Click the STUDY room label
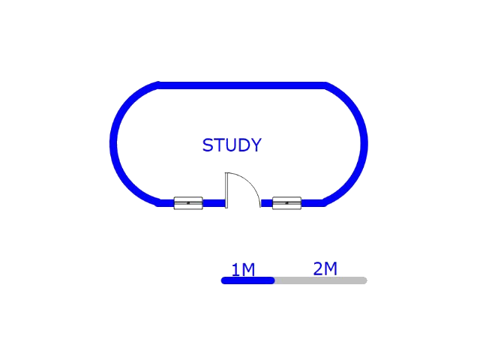(x=232, y=145)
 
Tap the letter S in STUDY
(x=208, y=145)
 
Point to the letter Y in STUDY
(x=256, y=145)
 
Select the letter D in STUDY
(x=243, y=145)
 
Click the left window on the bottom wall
(x=188, y=203)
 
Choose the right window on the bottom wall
(x=286, y=203)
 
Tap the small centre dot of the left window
(x=188, y=203)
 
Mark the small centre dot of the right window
(x=286, y=203)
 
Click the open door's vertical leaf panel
(x=226, y=190)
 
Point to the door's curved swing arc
(x=251, y=182)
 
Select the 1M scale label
(x=243, y=270)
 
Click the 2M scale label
(x=325, y=268)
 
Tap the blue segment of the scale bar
(x=247, y=280)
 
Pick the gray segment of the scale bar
(x=321, y=280)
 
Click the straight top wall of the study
(x=241, y=85)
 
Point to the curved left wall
(x=113, y=143)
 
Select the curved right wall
(x=364, y=143)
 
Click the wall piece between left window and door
(x=214, y=203)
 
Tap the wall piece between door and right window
(x=267, y=203)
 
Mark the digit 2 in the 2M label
(x=318, y=268)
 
